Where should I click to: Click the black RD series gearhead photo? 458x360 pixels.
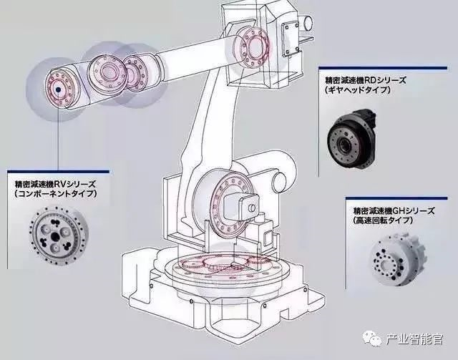[349, 136]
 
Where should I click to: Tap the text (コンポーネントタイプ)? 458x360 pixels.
[55, 194]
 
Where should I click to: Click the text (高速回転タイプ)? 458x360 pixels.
[384, 223]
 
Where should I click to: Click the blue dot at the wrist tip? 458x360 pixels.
[56, 89]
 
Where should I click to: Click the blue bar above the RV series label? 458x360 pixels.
[57, 170]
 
